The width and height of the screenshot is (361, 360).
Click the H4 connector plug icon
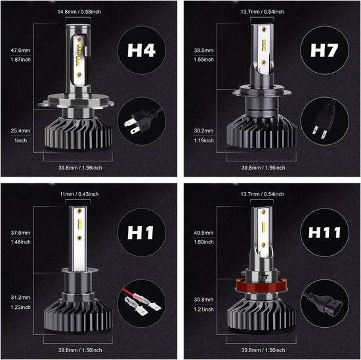click(x=139, y=123)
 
